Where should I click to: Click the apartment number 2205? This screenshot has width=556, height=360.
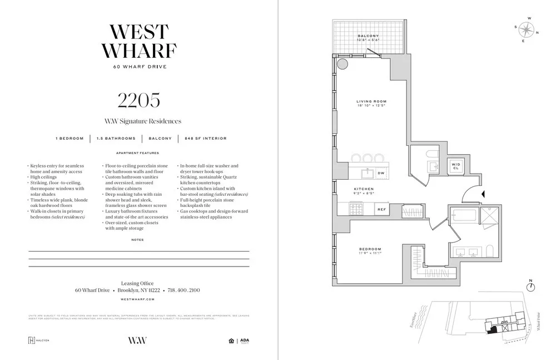139,100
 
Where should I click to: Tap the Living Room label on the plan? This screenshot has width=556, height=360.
371,102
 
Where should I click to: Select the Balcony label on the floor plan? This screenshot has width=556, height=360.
368,36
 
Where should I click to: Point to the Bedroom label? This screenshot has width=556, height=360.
370,249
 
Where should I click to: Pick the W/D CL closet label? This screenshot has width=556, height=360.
455,166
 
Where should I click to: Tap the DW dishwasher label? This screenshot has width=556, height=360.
381,174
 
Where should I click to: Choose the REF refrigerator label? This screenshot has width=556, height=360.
381,210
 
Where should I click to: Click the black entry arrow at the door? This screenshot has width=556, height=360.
483,194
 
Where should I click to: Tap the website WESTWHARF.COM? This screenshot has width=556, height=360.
138,299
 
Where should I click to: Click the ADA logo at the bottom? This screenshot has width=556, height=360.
245,341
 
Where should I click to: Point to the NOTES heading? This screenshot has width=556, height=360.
137,240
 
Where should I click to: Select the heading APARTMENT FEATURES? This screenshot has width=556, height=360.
137,153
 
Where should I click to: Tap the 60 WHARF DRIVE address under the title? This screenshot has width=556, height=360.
138,66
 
